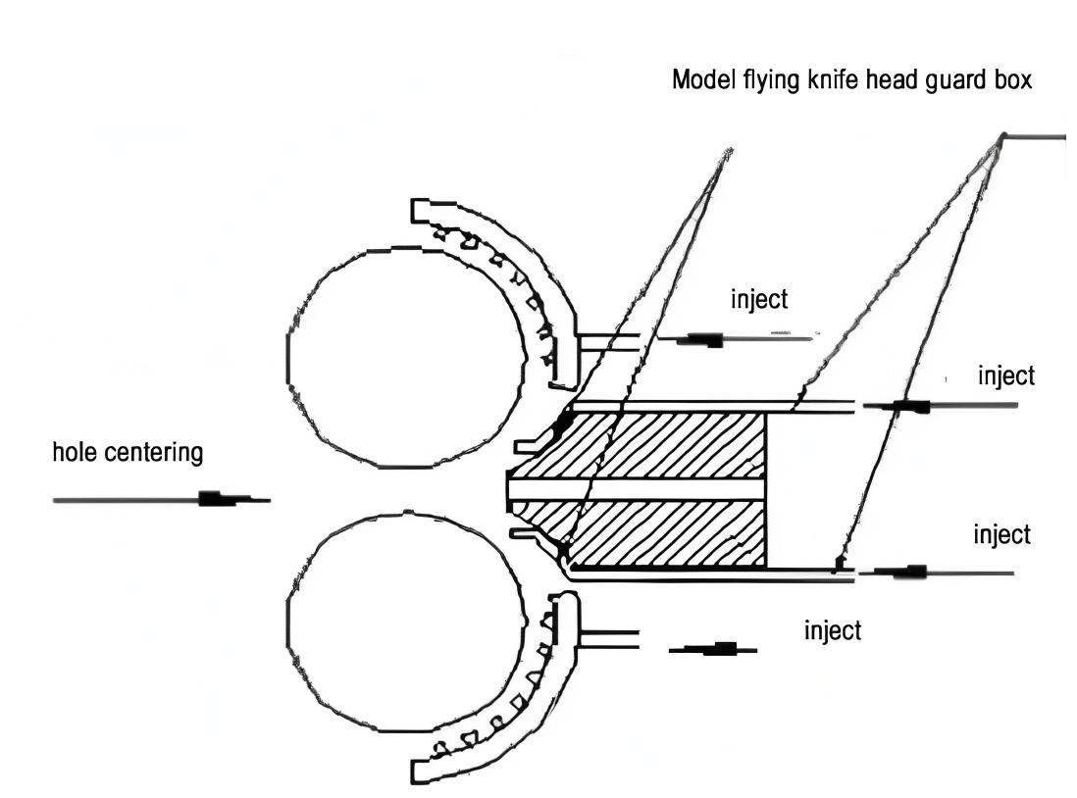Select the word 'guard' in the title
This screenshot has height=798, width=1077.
coord(941,80)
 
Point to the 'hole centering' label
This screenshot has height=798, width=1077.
coord(128,453)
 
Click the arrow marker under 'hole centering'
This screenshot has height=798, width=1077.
coord(218,499)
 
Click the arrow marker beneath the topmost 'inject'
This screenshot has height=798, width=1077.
coord(704,340)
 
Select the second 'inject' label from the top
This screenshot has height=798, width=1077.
coord(1005,376)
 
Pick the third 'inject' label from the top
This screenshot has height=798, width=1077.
coord(1001,535)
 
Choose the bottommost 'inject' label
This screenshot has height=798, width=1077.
coord(832,629)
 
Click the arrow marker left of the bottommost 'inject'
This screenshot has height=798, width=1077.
coord(722,648)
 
